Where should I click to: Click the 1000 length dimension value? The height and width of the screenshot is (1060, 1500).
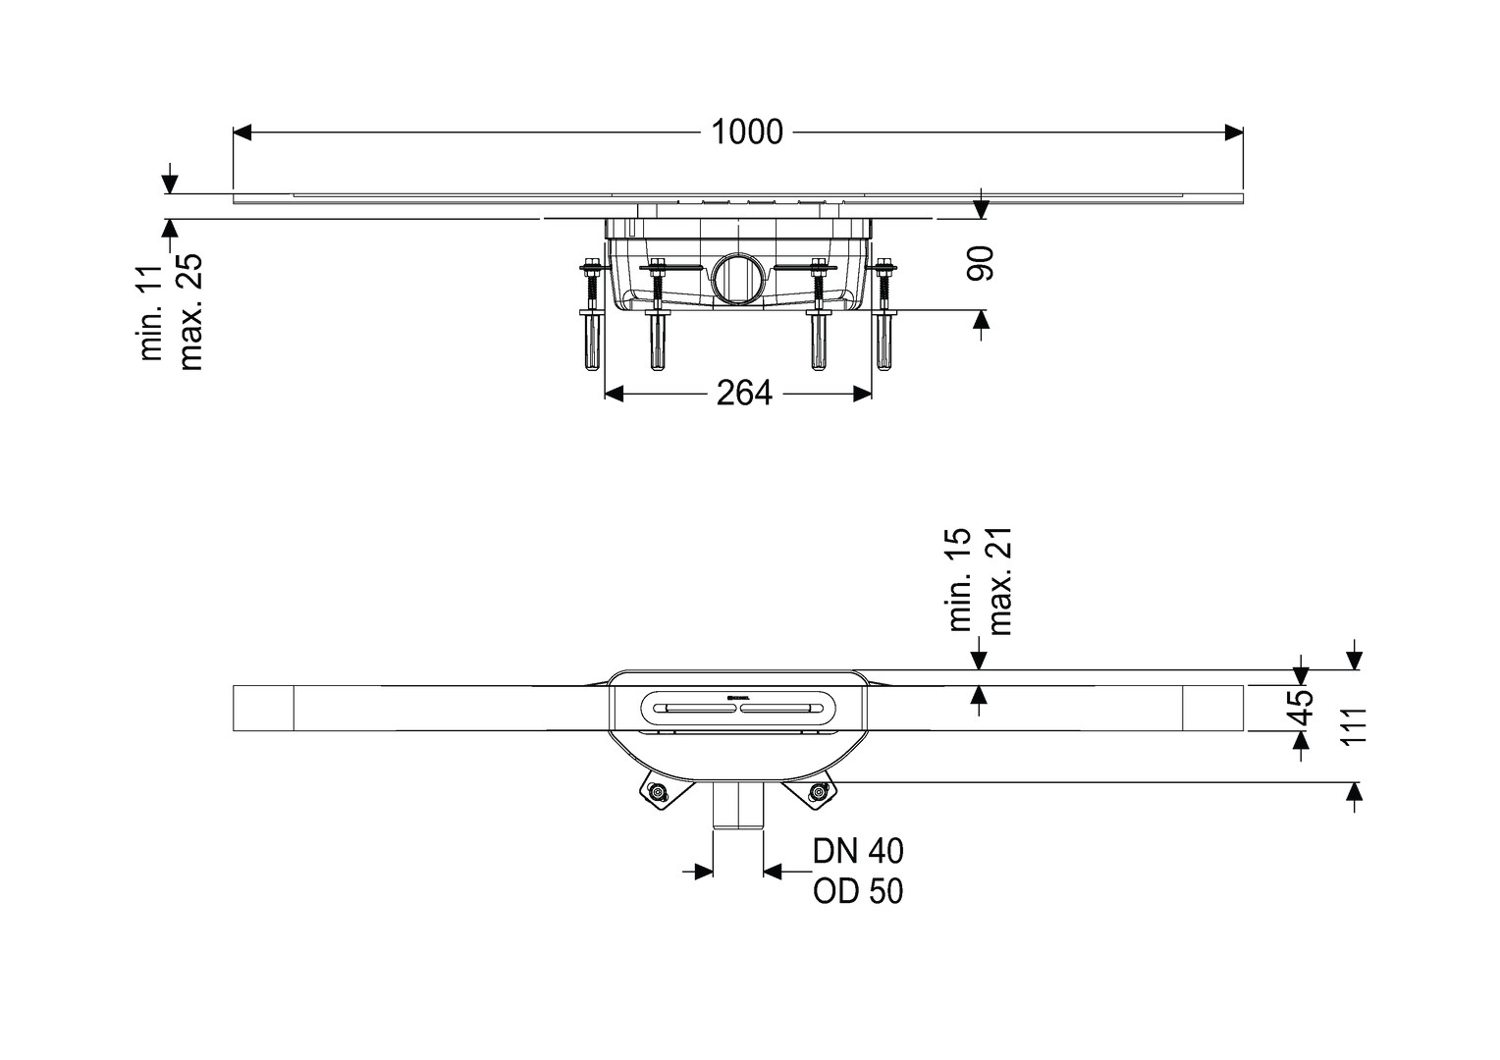click(747, 132)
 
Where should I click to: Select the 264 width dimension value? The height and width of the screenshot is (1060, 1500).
click(744, 393)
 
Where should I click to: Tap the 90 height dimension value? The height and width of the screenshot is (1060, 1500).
click(981, 263)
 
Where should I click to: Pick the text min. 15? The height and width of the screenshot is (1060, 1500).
click(960, 580)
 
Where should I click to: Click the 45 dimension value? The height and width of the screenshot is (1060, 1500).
click(1301, 708)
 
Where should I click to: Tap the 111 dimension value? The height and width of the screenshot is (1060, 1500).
click(1353, 725)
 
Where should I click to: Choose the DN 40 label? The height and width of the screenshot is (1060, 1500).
click(859, 852)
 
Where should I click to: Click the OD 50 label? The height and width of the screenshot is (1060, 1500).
click(859, 891)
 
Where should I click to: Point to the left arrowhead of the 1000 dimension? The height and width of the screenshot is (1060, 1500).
click(242, 132)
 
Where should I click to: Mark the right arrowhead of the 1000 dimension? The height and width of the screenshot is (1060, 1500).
click(1234, 132)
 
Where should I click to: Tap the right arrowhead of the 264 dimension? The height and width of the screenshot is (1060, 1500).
click(863, 394)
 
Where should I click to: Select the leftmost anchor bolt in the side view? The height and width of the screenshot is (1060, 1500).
click(592, 315)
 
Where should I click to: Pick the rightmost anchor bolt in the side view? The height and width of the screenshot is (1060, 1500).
click(884, 314)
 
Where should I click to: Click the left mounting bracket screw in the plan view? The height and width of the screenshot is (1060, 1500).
click(659, 793)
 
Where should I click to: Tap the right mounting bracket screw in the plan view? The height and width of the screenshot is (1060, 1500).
click(816, 793)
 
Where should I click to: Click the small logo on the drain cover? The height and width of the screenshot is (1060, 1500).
click(737, 698)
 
